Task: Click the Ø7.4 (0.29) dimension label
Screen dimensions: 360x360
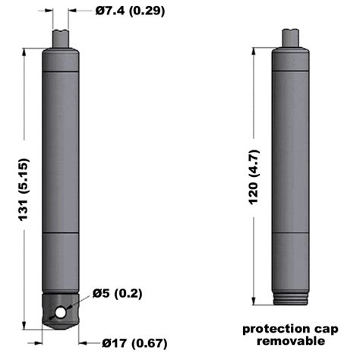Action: pyautogui.click(x=131, y=11)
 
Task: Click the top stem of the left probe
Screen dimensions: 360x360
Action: pyautogui.click(x=61, y=36)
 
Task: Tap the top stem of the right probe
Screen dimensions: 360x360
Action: pyautogui.click(x=290, y=36)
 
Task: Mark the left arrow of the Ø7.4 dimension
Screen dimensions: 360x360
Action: pyautogui.click(x=49, y=11)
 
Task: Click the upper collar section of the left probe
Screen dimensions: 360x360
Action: pyautogui.click(x=61, y=59)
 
